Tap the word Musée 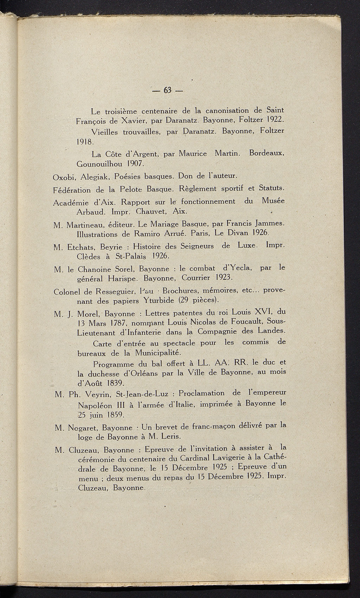pyautogui.click(x=273, y=201)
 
